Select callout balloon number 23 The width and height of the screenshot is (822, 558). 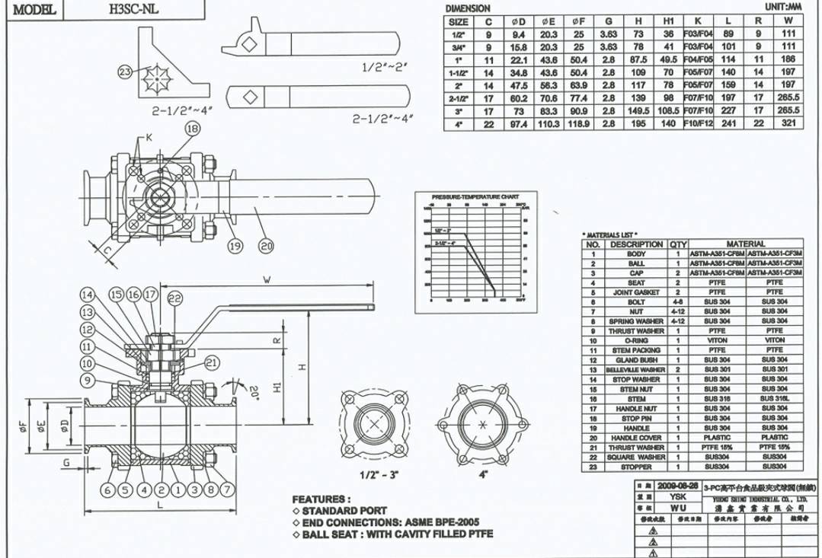(x=125, y=72)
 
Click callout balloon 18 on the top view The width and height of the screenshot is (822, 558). (x=192, y=129)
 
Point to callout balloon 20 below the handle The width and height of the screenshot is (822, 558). (x=266, y=246)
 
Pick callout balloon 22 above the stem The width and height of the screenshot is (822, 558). (x=174, y=298)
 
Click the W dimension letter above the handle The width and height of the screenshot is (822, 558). (x=266, y=280)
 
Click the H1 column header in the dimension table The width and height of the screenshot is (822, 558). (x=668, y=22)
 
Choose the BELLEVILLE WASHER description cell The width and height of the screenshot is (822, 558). (x=635, y=369)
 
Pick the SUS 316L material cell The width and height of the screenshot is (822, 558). (x=774, y=399)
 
